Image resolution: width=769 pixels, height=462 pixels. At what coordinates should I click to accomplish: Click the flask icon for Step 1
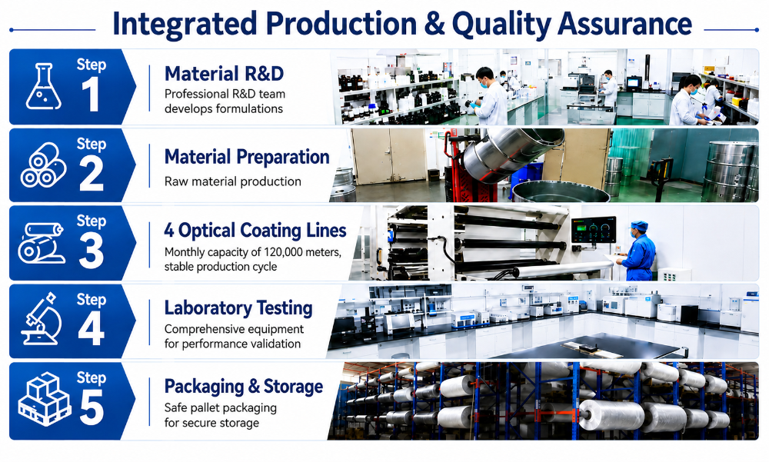tap(44, 86)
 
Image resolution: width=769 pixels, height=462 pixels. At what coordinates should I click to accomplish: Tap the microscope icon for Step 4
tap(42, 318)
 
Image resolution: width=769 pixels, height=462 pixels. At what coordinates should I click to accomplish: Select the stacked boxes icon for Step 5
tap(44, 399)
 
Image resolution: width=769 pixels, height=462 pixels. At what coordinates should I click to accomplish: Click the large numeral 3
tap(92, 251)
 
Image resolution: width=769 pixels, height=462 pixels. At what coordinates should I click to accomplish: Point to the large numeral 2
tap(92, 174)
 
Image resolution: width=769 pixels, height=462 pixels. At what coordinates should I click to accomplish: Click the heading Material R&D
tap(224, 74)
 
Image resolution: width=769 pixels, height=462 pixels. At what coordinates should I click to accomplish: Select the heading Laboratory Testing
tap(238, 308)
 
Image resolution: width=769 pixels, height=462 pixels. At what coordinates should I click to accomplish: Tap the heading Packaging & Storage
tap(244, 387)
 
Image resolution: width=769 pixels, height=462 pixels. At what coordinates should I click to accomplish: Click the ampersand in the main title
tap(434, 24)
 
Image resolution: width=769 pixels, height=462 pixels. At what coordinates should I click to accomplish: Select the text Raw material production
tap(233, 181)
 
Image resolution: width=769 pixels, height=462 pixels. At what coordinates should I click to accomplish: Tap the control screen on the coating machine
tap(594, 230)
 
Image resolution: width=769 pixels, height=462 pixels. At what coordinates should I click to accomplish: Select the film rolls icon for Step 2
tap(43, 165)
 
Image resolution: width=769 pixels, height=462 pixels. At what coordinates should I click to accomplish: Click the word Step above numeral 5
tap(92, 378)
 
